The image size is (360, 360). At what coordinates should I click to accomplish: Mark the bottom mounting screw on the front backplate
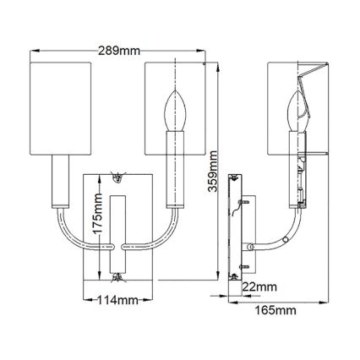tap(116, 275)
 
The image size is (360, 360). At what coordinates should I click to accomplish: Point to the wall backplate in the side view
tap(238, 227)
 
